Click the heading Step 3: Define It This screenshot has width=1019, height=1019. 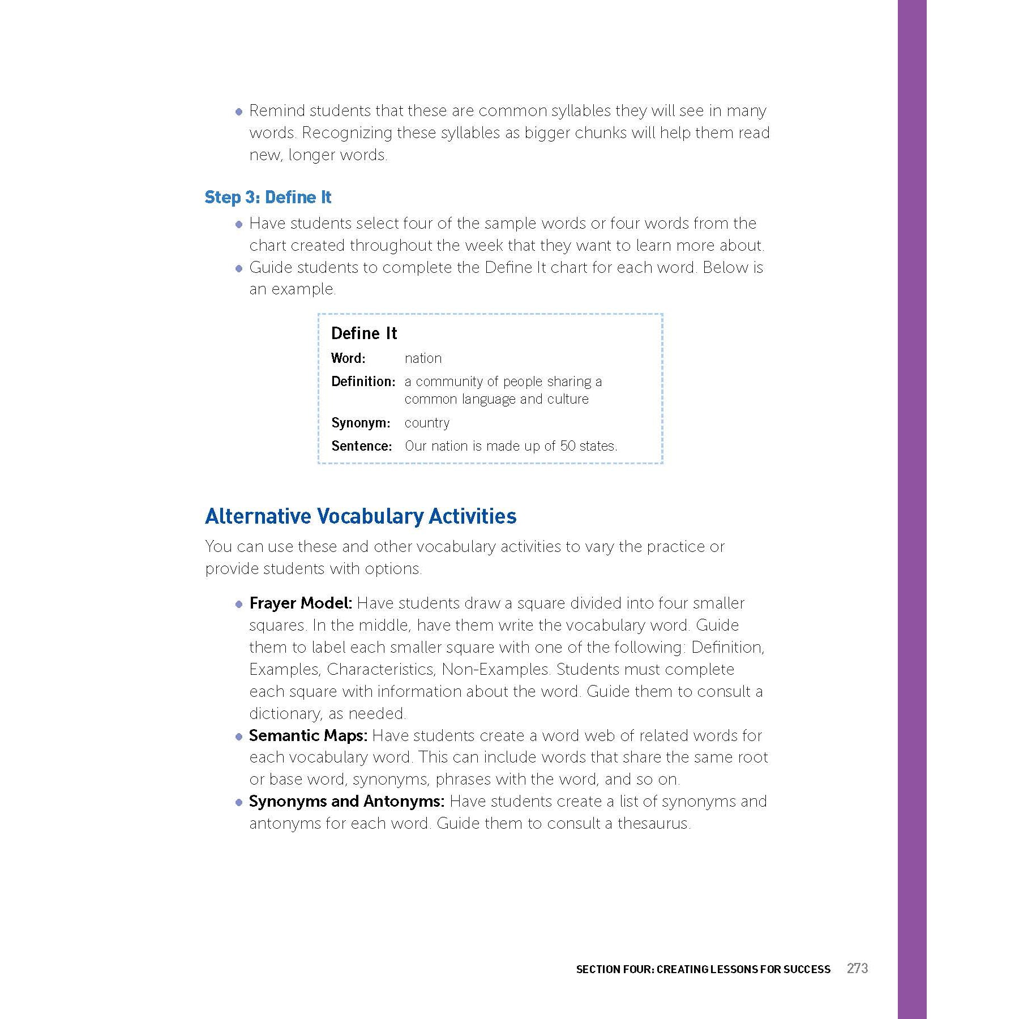click(x=268, y=198)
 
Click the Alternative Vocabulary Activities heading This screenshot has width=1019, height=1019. click(x=361, y=516)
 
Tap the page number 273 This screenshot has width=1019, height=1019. click(x=857, y=969)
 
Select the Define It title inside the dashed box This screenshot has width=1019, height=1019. click(x=364, y=333)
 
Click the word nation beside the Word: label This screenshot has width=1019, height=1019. click(x=423, y=358)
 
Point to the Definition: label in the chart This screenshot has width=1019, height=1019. click(x=363, y=382)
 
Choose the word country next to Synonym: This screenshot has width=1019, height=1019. click(x=427, y=423)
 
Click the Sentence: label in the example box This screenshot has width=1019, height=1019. click(x=361, y=446)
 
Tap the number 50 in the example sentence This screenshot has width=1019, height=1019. click(x=568, y=446)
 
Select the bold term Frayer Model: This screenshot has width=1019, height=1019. click(x=301, y=603)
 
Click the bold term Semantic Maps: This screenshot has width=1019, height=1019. click(x=308, y=736)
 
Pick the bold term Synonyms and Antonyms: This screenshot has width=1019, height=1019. click(x=346, y=802)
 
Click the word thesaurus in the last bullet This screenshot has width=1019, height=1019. click(x=653, y=824)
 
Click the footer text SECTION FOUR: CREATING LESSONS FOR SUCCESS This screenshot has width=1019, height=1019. click(x=703, y=969)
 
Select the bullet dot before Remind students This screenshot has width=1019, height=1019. click(x=239, y=112)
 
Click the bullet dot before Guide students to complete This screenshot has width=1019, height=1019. click(x=239, y=268)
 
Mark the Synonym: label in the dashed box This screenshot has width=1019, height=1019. click(x=361, y=423)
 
